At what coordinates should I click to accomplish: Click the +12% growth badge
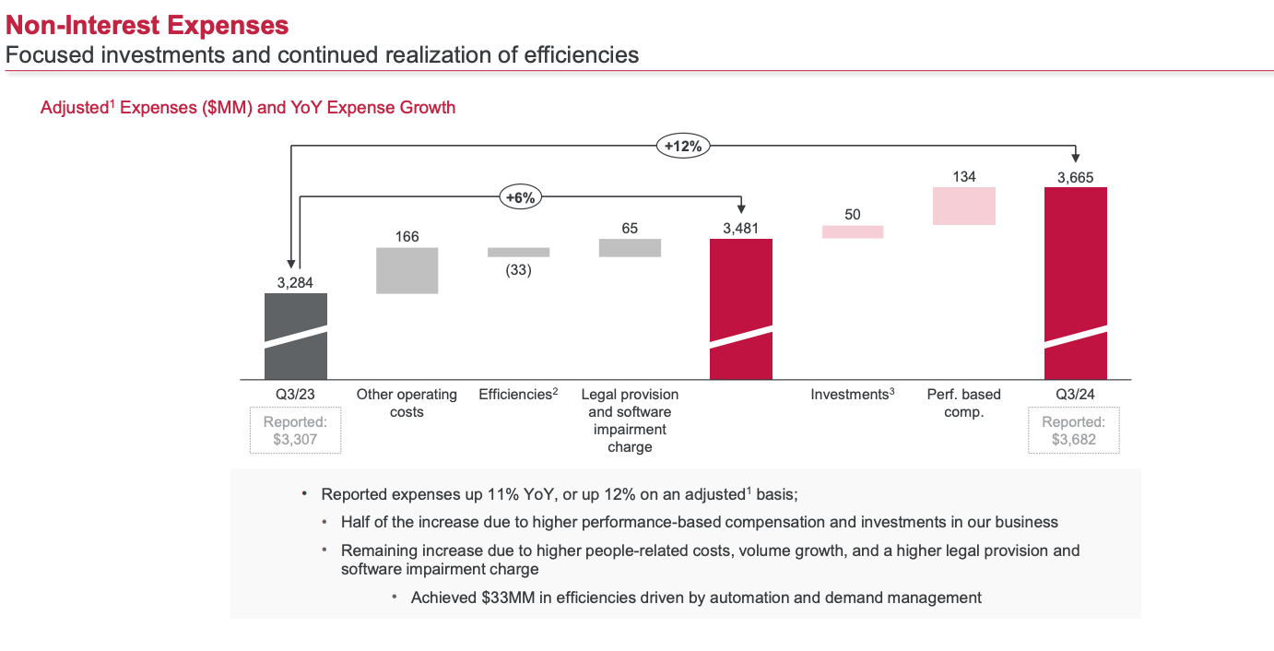point(683,146)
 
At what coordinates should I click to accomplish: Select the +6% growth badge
point(520,196)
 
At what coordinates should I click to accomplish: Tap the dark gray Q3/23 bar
point(295,336)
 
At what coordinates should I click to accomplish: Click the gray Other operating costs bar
point(407,270)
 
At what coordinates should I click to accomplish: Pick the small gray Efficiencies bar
point(518,252)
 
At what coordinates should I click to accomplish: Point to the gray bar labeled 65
point(630,247)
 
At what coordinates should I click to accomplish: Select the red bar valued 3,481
point(741,309)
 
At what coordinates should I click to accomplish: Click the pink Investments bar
point(853,232)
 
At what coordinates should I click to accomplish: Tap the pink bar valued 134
point(964,206)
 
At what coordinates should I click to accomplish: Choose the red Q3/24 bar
point(1076,283)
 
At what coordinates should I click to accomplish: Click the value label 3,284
point(295,283)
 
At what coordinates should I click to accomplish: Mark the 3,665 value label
point(1076,178)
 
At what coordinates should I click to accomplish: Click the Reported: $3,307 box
point(295,431)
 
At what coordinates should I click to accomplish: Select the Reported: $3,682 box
point(1074,431)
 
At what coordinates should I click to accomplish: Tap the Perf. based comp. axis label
point(964,403)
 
